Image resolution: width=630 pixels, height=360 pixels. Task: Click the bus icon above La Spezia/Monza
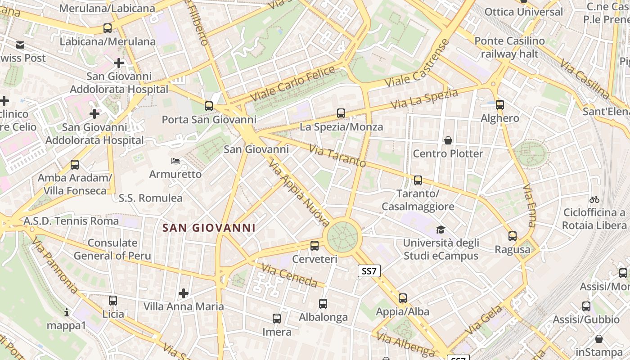click(x=341, y=113)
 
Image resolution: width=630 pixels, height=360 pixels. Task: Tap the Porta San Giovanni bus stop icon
click(x=209, y=106)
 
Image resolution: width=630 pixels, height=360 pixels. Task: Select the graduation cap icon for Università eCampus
click(x=441, y=229)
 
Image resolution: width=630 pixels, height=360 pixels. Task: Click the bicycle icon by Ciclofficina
click(x=594, y=199)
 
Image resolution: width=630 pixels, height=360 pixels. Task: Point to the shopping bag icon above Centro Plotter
click(x=448, y=140)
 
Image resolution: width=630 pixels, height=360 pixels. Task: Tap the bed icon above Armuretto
click(x=175, y=161)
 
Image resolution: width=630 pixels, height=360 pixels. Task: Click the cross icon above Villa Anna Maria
click(x=184, y=293)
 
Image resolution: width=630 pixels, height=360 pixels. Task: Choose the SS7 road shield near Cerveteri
click(x=369, y=271)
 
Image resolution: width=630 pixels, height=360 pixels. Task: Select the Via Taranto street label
click(x=337, y=156)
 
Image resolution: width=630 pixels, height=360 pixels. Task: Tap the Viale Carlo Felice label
click(x=293, y=84)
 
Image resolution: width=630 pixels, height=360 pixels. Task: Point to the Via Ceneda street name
click(x=290, y=276)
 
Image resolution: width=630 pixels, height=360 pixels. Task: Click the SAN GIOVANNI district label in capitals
click(x=209, y=228)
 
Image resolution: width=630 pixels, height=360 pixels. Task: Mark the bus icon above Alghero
click(x=500, y=105)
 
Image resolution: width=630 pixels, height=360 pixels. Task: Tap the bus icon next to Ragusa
click(x=513, y=236)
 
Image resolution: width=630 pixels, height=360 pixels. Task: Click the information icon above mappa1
click(x=67, y=312)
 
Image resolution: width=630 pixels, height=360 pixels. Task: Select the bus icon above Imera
click(x=277, y=319)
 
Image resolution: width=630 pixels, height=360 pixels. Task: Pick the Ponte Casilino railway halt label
click(x=509, y=47)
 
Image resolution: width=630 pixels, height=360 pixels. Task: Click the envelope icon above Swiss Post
click(x=20, y=45)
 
